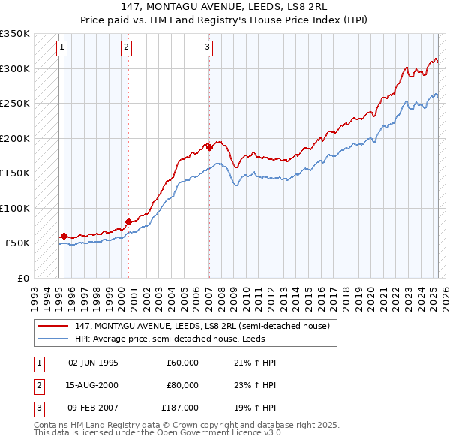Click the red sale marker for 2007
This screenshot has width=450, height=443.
tap(209, 147)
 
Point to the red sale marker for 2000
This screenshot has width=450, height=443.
tap(128, 221)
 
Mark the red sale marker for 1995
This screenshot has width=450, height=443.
tap(64, 236)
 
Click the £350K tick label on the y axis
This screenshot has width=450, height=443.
tap(15, 34)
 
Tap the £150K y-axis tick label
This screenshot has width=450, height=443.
tap(15, 173)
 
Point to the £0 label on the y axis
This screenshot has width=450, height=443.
tap(22, 278)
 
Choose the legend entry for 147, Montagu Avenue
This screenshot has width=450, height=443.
tap(202, 326)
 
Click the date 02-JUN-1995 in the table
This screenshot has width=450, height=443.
tap(93, 363)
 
